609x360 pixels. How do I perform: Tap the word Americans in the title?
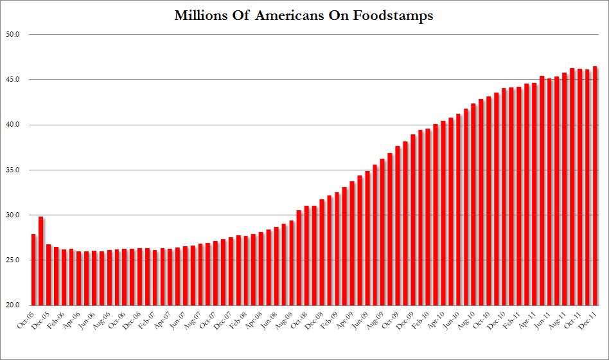(x=292, y=16)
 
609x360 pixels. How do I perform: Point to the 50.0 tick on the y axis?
(x=15, y=34)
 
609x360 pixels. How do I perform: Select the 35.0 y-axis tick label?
(x=15, y=170)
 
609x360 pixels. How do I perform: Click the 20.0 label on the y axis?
(x=15, y=305)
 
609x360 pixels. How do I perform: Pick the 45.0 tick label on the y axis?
(x=15, y=79)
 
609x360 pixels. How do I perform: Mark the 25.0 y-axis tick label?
(x=15, y=260)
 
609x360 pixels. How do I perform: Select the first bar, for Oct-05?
(x=33, y=270)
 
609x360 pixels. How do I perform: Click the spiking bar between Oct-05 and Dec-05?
(x=41, y=261)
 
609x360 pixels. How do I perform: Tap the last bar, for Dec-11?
(x=595, y=186)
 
